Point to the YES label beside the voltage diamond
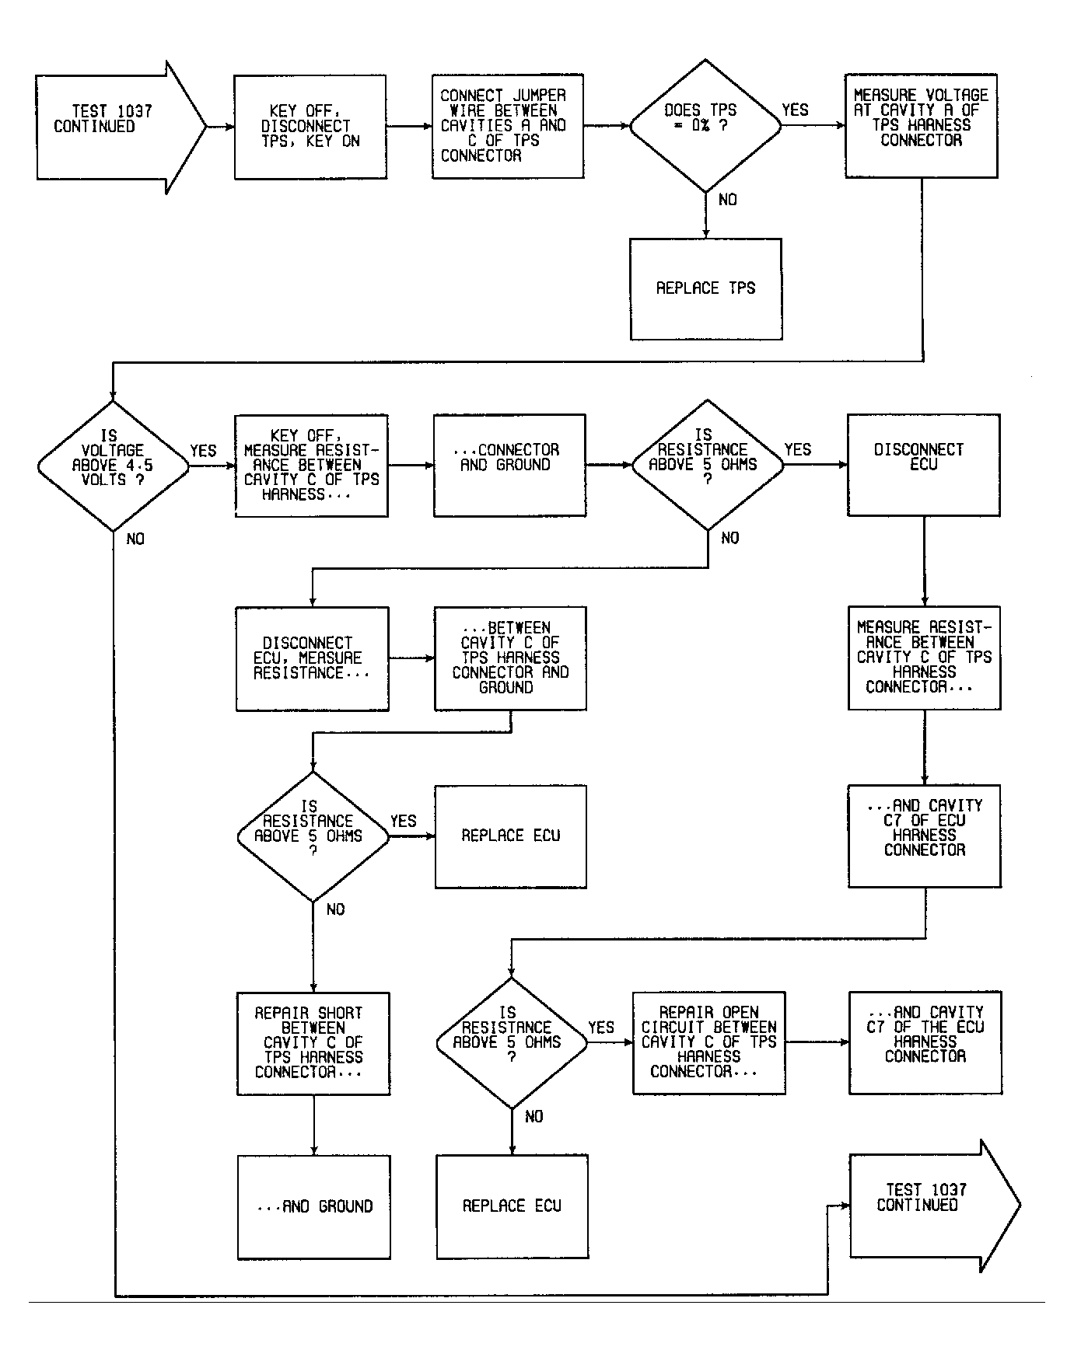(x=204, y=451)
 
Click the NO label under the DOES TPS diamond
(x=728, y=200)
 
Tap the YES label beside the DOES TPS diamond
(x=795, y=110)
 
